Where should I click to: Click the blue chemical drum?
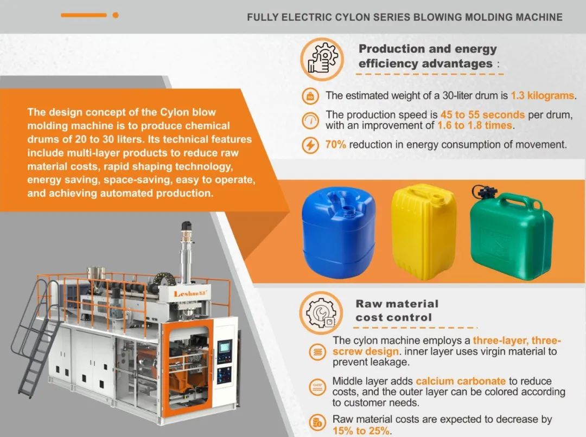click(339, 231)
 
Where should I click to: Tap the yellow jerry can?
click(423, 231)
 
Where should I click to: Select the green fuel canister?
click(511, 236)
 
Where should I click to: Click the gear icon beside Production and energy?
click(322, 59)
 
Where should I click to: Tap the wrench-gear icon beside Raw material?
click(321, 313)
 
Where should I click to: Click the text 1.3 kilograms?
click(542, 95)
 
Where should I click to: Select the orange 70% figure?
click(336, 145)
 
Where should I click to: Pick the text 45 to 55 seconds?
click(482, 114)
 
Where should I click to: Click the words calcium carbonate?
click(461, 381)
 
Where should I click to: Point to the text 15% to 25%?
click(361, 430)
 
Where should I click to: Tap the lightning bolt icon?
click(310, 145)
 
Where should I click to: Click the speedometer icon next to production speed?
click(310, 120)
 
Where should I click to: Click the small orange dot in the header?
click(116, 15)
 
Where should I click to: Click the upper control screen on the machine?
click(224, 348)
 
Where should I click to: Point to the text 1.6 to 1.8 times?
click(475, 125)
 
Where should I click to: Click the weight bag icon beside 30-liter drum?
click(310, 97)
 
